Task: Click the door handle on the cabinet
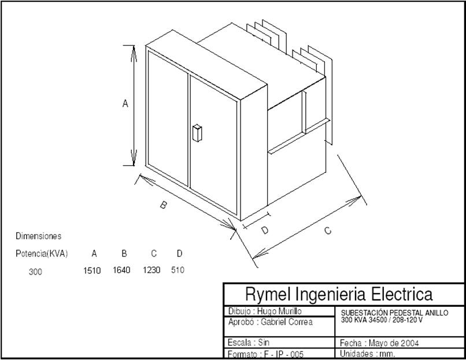[x=197, y=133]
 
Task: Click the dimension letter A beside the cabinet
[x=125, y=104]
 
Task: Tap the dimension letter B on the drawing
[x=164, y=205]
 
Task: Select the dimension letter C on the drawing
[x=328, y=231]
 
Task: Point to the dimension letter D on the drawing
[x=265, y=230]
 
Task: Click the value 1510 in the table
[x=92, y=270]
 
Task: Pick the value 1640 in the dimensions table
[x=121, y=270]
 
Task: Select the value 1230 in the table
[x=151, y=270]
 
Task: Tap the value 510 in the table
[x=178, y=270]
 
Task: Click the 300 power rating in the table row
[x=35, y=271]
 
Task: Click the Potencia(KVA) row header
[x=42, y=254]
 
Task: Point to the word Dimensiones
[x=38, y=236]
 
